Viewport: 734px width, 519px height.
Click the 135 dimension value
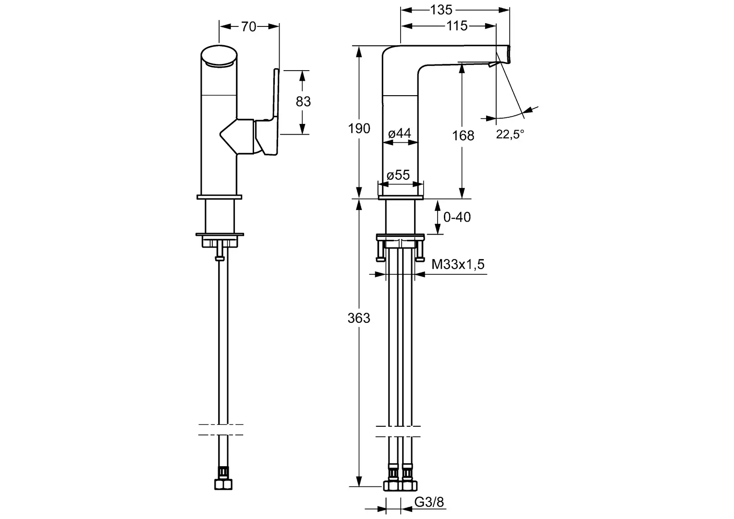click(x=441, y=10)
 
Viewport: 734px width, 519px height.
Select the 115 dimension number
click(x=457, y=26)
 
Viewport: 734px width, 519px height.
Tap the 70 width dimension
click(x=249, y=26)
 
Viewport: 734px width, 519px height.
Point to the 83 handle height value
click(x=303, y=101)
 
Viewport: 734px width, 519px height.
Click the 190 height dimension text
click(x=359, y=128)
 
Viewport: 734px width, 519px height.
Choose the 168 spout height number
click(x=463, y=136)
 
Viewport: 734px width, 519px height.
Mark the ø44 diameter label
click(x=400, y=134)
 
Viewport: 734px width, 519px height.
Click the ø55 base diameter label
click(x=398, y=175)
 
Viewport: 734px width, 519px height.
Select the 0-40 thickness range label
click(x=457, y=217)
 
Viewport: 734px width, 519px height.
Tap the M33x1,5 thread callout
click(x=458, y=264)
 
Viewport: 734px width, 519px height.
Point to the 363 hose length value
click(x=359, y=318)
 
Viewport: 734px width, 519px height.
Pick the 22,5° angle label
click(x=510, y=134)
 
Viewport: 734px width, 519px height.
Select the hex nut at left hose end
click(x=223, y=484)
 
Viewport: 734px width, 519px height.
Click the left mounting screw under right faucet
click(x=380, y=251)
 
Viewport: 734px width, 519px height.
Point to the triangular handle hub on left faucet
click(x=237, y=136)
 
